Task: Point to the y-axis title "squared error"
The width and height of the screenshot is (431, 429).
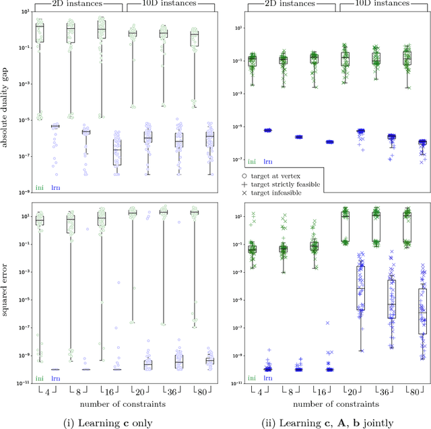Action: pyautogui.click(x=6, y=296)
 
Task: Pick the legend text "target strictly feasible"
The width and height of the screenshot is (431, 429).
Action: pyautogui.click(x=296, y=184)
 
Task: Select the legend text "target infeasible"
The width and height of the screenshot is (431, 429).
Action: pyautogui.click(x=286, y=193)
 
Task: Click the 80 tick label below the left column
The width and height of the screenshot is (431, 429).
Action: pyautogui.click(x=195, y=391)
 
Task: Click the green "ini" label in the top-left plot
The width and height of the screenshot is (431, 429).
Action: pyautogui.click(x=39, y=186)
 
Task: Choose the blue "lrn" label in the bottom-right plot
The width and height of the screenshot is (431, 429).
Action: pyautogui.click(x=267, y=378)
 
